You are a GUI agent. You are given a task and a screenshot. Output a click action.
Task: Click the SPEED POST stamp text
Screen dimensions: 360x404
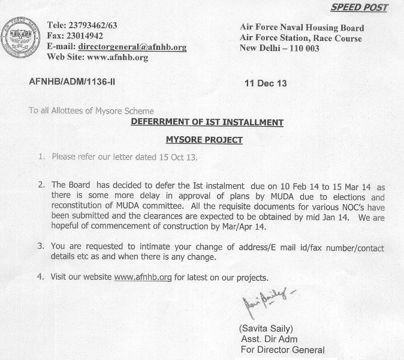359,8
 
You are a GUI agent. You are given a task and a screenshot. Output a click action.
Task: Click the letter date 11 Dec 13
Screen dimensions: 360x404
266,83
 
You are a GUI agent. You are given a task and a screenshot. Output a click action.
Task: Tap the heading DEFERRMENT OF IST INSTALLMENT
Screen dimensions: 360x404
207,122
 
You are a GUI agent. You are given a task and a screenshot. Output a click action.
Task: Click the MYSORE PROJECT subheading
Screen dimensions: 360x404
204,140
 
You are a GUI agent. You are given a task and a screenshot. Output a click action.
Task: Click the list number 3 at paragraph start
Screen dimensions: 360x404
40,247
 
